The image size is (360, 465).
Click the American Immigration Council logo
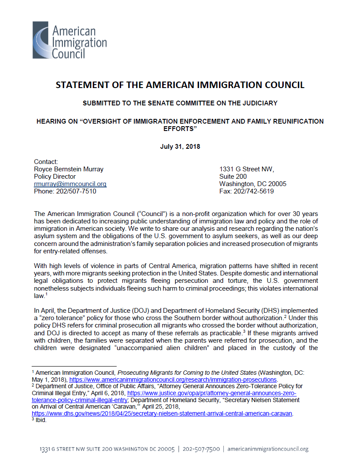pyautogui.click(x=69, y=41)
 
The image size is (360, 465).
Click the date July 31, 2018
pyautogui.click(x=180, y=147)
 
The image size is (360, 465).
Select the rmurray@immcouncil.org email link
pyautogui.click(x=70, y=184)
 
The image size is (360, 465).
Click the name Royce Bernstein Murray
pyautogui.click(x=69, y=169)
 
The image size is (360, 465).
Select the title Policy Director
pyautogui.click(x=55, y=177)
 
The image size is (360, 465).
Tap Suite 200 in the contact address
pyautogui.click(x=233, y=177)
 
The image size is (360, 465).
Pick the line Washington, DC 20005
pyautogui.click(x=253, y=184)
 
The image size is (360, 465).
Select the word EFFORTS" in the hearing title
pyautogui.click(x=180, y=129)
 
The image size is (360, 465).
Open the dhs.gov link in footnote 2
pyautogui.click(x=162, y=414)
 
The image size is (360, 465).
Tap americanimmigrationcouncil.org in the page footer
pyautogui.click(x=268, y=449)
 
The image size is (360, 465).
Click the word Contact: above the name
pyautogui.click(x=46, y=162)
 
